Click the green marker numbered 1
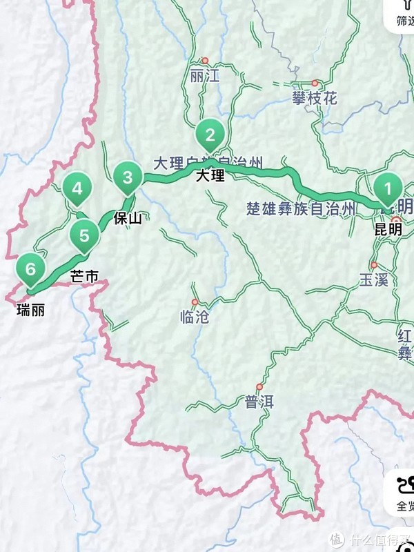coord(387,188)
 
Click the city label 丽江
coord(204,77)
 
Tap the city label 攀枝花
coord(315,98)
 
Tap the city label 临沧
coord(194,317)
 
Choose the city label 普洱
coord(259,402)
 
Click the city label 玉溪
coord(375,279)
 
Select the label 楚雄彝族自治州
coord(304,208)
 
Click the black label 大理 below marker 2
coord(210,175)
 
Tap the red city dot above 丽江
coord(204,60)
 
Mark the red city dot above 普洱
coord(259,386)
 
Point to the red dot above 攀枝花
coord(315,82)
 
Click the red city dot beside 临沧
coord(195,302)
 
